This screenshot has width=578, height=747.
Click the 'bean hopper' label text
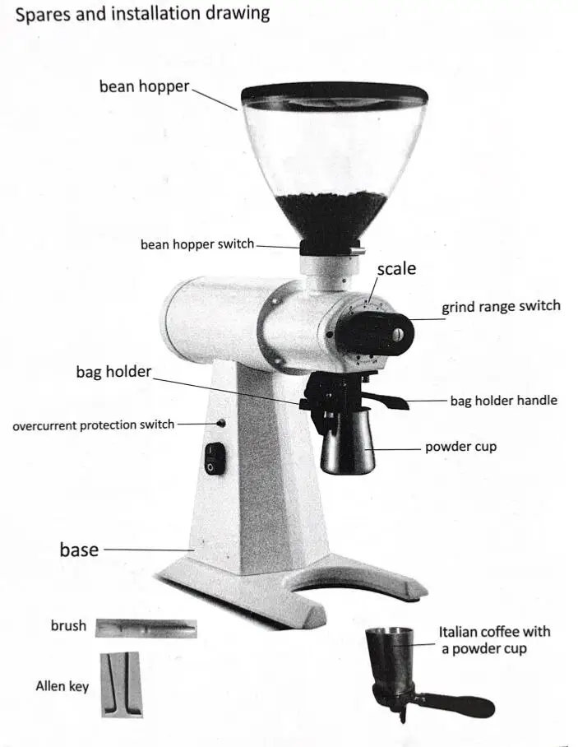(x=144, y=86)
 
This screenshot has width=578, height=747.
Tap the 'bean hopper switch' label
(x=197, y=244)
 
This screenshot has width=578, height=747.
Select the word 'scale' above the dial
(x=396, y=269)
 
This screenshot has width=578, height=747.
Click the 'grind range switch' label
(x=501, y=307)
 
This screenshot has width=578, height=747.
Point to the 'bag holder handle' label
(x=503, y=401)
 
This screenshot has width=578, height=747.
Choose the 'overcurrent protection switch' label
(x=94, y=425)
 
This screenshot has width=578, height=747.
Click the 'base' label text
(x=79, y=550)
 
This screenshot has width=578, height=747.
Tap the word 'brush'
(x=68, y=626)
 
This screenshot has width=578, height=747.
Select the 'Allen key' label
(x=62, y=685)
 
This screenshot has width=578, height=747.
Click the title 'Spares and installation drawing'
(x=142, y=14)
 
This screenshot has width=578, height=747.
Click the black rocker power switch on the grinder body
(x=214, y=457)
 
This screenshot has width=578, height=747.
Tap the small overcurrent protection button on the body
(x=223, y=424)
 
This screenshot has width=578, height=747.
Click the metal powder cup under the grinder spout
(x=346, y=448)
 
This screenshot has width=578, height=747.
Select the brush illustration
(x=146, y=629)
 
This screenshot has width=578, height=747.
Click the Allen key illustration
(x=121, y=684)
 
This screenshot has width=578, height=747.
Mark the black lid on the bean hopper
(x=335, y=92)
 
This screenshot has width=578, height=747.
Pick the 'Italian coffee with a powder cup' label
(x=494, y=640)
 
